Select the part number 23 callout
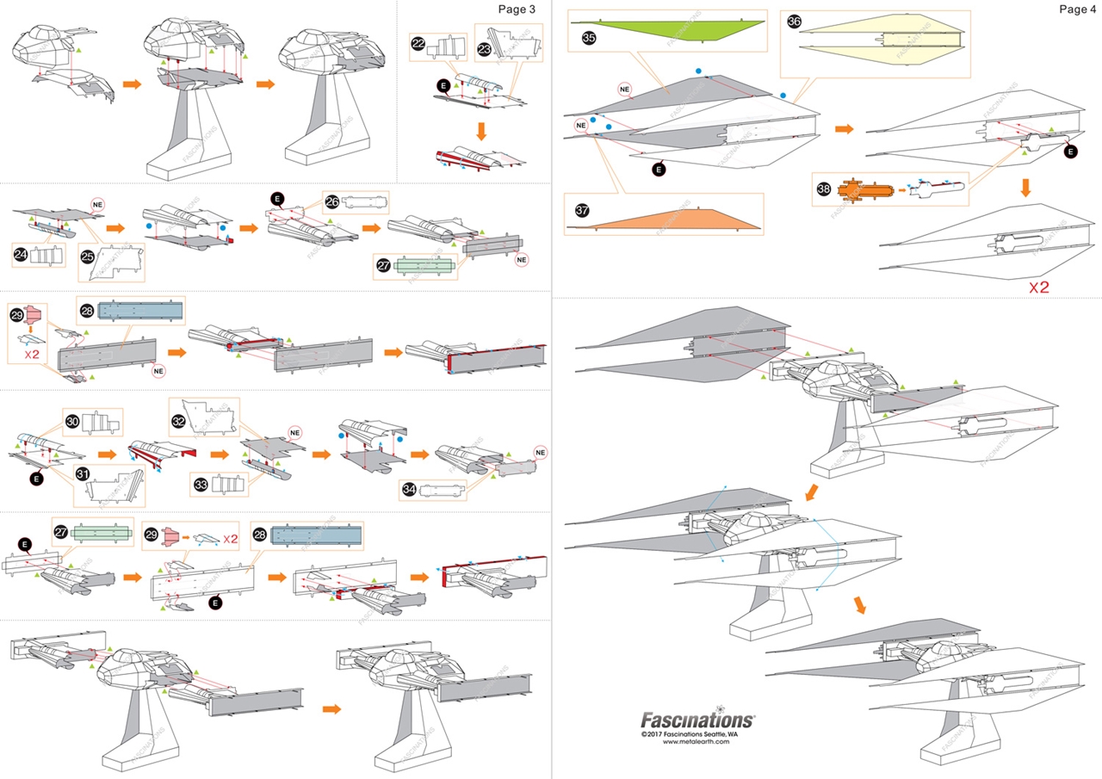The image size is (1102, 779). tap(484, 50)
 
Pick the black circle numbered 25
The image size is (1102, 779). tap(87, 257)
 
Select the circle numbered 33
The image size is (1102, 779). tap(201, 485)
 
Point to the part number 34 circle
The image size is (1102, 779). tap(410, 490)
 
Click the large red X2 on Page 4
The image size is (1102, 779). tap(1039, 287)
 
